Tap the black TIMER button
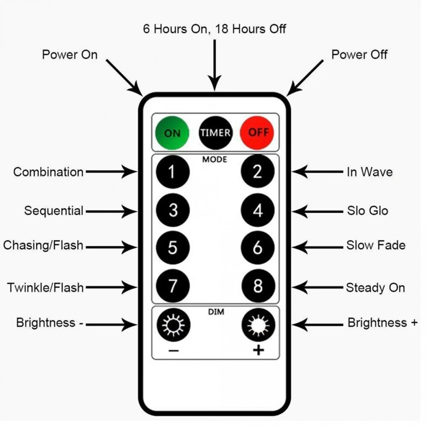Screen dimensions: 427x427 [x=215, y=133]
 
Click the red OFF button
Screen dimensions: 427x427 [x=258, y=132]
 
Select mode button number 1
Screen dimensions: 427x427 [x=173, y=172]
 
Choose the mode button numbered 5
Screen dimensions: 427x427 [x=173, y=248]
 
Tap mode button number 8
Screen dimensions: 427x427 [x=258, y=286]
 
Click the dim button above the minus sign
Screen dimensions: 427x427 [x=173, y=325]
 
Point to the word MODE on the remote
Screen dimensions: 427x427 [x=215, y=159]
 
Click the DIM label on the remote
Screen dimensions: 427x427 [x=216, y=312]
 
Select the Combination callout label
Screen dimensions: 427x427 [x=48, y=172]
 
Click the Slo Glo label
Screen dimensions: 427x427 [x=368, y=211]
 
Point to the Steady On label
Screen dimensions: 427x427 [x=375, y=288]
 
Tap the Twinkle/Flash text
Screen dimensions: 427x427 [x=46, y=287]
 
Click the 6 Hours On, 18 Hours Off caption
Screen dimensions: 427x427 [x=215, y=29]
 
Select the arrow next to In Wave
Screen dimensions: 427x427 [x=317, y=172]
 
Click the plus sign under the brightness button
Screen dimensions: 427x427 [x=259, y=350]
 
